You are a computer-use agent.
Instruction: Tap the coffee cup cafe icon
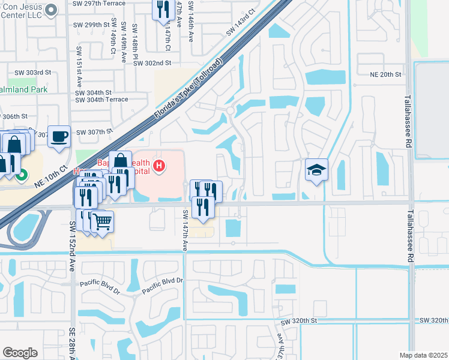[59, 136]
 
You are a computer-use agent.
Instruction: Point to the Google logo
[20, 353]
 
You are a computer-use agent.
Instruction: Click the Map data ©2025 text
[424, 355]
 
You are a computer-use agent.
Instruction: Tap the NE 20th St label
[385, 74]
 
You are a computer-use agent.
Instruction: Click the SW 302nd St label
[152, 62]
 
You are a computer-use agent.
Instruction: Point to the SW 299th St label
[92, 25]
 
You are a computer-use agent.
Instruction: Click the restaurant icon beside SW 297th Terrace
[163, 10]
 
